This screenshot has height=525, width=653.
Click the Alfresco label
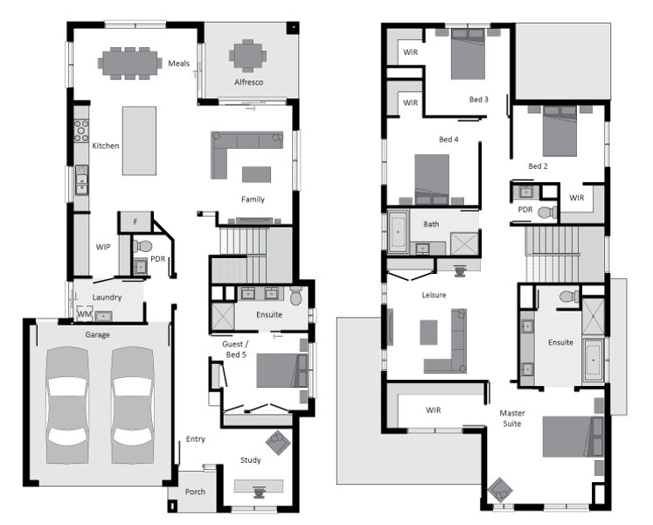pyautogui.click(x=248, y=82)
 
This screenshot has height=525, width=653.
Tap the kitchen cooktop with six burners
pyautogui.click(x=81, y=130)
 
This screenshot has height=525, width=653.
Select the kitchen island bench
pyautogui.click(x=139, y=141)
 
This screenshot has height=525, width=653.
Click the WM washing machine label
pyautogui.click(x=84, y=313)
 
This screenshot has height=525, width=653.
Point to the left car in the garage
pyautogui.click(x=67, y=405)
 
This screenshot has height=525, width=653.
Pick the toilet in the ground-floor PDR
pyautogui.click(x=142, y=247)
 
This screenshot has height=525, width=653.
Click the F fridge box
pyautogui.click(x=135, y=222)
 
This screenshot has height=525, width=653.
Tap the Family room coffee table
pyautogui.click(x=256, y=174)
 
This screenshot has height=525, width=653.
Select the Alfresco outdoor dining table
pyautogui.click(x=247, y=55)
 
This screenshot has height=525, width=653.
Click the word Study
pyautogui.click(x=251, y=460)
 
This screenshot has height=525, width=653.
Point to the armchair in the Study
pyautogui.click(x=278, y=443)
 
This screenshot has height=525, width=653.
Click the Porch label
pyautogui.click(x=195, y=492)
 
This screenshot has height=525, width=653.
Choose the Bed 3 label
pyautogui.click(x=478, y=99)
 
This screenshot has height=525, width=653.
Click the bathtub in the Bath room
pyautogui.click(x=398, y=232)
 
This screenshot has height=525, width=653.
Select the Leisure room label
pyautogui.click(x=434, y=295)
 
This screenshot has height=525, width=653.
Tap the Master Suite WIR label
pyautogui.click(x=433, y=409)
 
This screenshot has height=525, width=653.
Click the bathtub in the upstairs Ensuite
pyautogui.click(x=593, y=360)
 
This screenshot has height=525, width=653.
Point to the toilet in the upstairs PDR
pyautogui.click(x=547, y=212)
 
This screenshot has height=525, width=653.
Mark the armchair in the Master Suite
pyautogui.click(x=499, y=489)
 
